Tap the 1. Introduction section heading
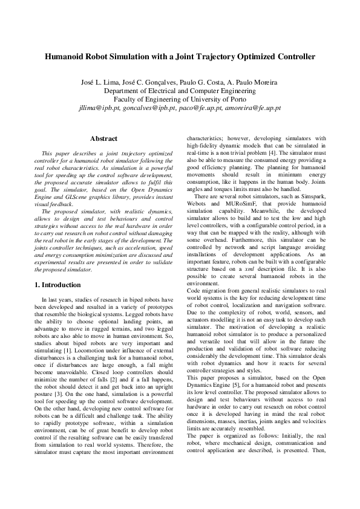(x=61, y=284)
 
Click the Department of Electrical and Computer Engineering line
(x=180, y=91)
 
